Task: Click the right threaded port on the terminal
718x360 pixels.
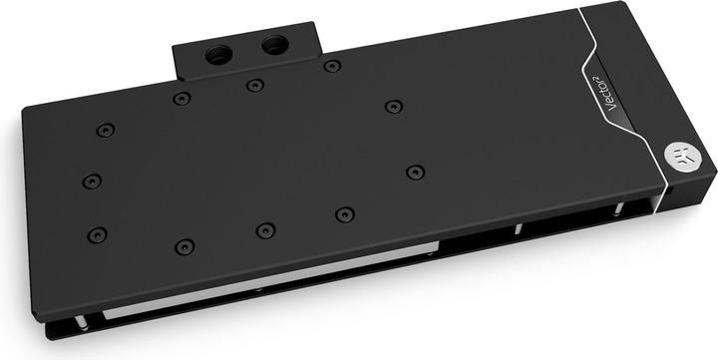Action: click(x=274, y=44)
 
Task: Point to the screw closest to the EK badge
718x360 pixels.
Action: click(x=415, y=172)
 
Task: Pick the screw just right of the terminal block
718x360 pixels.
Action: click(x=332, y=67)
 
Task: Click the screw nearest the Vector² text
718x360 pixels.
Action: click(x=394, y=106)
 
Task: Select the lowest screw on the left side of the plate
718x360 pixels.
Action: click(x=96, y=235)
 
